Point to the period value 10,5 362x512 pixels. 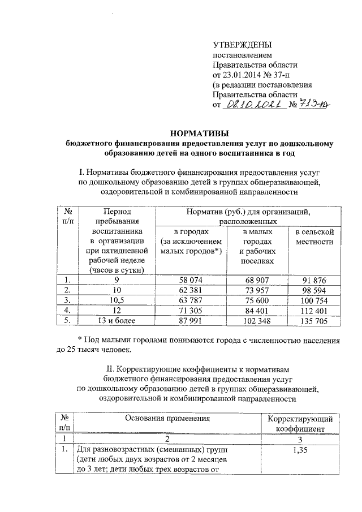[117, 300]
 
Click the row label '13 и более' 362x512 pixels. [117, 320]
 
